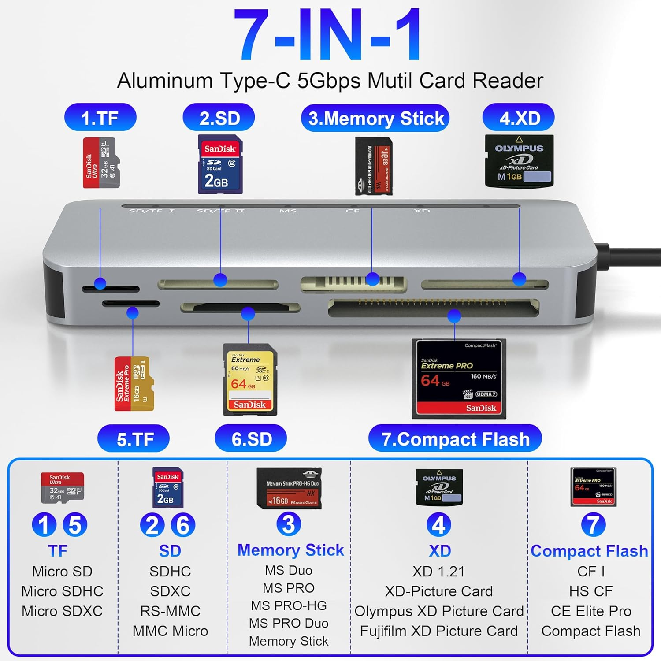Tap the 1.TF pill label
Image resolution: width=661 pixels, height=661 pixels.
[x=100, y=118]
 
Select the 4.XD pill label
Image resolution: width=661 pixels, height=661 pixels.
[x=519, y=118]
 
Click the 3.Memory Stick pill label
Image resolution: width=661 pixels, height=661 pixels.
[x=375, y=118]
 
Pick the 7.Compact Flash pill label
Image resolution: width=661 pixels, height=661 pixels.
[x=455, y=439]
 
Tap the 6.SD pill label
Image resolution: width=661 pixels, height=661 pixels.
[x=251, y=439]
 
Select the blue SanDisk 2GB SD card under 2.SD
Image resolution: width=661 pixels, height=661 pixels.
[x=220, y=164]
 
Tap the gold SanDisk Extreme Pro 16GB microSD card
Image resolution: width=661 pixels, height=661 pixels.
[x=134, y=384]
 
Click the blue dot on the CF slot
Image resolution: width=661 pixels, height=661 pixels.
[x=454, y=316]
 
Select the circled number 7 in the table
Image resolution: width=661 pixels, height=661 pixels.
[x=593, y=525]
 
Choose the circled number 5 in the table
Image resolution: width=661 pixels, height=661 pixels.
[x=75, y=525]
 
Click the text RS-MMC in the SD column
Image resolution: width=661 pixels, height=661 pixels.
[x=170, y=611]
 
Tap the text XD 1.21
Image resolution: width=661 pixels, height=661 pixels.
[x=438, y=572]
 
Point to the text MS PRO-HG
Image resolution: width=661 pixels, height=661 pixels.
[x=289, y=606]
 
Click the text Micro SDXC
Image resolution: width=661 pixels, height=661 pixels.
[x=62, y=611]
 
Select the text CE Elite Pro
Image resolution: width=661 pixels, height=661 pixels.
[x=591, y=611]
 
